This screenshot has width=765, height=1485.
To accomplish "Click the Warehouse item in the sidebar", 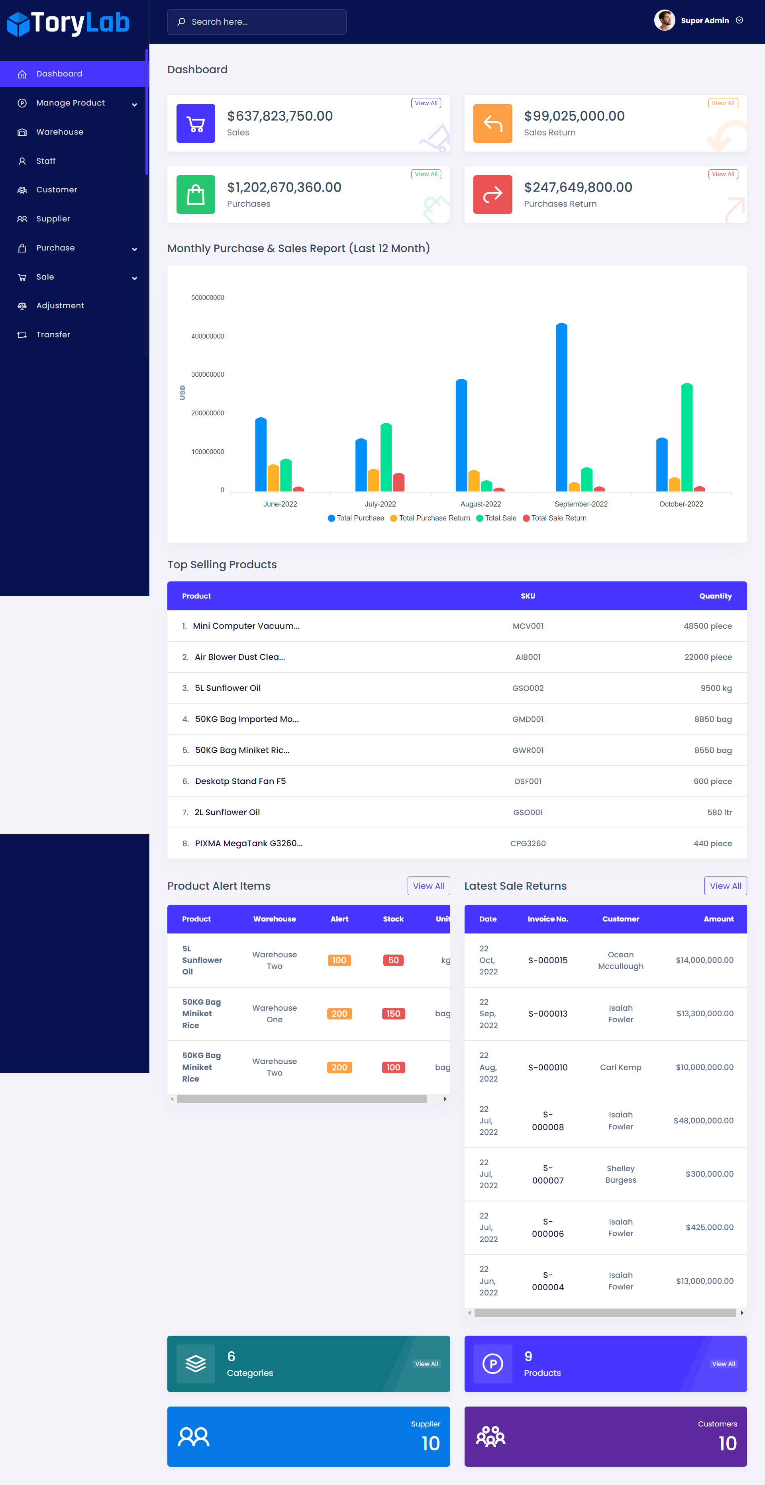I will pos(59,132).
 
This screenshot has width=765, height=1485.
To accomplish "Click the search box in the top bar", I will pos(257,22).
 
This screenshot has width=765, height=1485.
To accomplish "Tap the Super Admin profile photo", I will pos(664,21).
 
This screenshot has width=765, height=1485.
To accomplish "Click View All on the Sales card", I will pos(426,103).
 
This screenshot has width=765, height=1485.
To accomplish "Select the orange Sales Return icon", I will pos(492,123).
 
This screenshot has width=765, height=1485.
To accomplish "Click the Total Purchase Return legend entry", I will pos(434,518).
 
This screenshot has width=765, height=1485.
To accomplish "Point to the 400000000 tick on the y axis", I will pos(208,336).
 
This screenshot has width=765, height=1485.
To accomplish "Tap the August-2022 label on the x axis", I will pos(481,504).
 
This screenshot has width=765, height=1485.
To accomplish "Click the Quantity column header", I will pos(715,596).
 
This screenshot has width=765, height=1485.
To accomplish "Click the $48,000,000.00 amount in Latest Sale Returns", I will pos(703,1121).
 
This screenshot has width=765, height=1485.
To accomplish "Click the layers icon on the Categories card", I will pos(196,1364).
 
